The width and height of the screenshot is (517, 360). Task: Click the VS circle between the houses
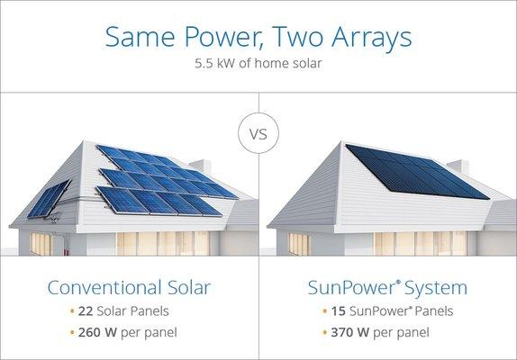pyautogui.click(x=258, y=136)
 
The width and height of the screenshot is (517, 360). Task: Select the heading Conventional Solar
pyautogui.click(x=128, y=288)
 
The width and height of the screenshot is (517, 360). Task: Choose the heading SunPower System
pyautogui.click(x=387, y=288)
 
